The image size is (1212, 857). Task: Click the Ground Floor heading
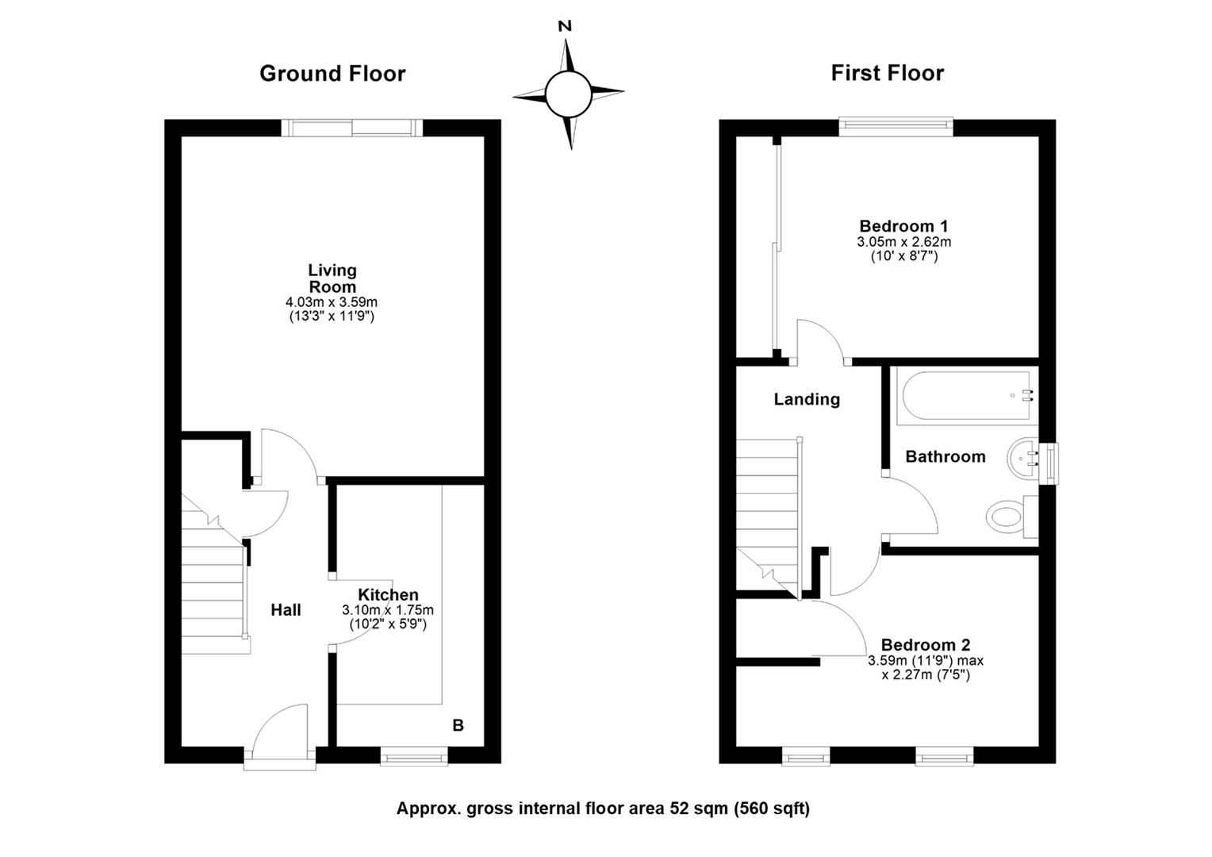332,74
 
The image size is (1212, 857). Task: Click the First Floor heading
887,73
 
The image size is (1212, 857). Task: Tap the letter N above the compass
565,26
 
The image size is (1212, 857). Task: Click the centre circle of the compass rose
568,94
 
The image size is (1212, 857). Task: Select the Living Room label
332,279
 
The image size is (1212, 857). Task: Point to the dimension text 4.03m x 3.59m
332,302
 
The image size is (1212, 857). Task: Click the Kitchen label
388,594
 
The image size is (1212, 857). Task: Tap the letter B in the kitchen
458,725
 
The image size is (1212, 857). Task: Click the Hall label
286,609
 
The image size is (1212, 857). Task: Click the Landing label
807,399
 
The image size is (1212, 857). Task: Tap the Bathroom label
945,456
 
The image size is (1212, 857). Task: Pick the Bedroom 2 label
925,644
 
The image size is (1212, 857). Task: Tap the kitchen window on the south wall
414,758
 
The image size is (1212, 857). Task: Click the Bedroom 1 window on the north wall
896,125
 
